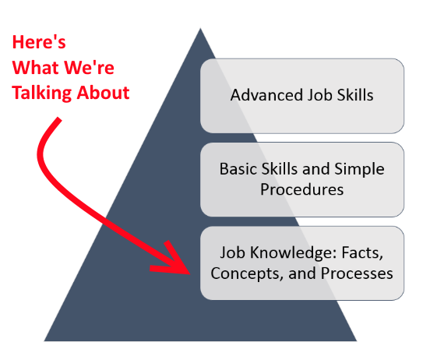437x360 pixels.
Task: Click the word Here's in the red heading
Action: pyautogui.click(x=39, y=42)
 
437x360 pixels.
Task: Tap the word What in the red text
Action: pyautogui.click(x=35, y=68)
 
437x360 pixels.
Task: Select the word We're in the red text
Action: pyautogui.click(x=89, y=68)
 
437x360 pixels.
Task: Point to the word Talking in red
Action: pyautogui.click(x=41, y=94)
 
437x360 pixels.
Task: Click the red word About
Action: pyautogui.click(x=103, y=92)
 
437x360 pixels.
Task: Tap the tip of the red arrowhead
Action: pyautogui.click(x=190, y=274)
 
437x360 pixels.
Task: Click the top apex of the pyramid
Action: pyautogui.click(x=200, y=28)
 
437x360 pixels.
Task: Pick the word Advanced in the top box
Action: pyautogui.click(x=266, y=95)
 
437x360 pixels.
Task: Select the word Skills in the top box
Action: pyautogui.click(x=355, y=95)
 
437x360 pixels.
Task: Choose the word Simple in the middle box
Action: pyautogui.click(x=359, y=170)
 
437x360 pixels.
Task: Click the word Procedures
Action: pyautogui.click(x=301, y=189)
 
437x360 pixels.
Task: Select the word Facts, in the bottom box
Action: pyautogui.click(x=362, y=253)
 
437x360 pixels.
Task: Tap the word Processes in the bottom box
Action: pyautogui.click(x=357, y=274)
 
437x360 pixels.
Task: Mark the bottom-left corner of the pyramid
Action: pyautogui.click(x=44, y=341)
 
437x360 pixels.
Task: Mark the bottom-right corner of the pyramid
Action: pyautogui.click(x=357, y=341)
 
